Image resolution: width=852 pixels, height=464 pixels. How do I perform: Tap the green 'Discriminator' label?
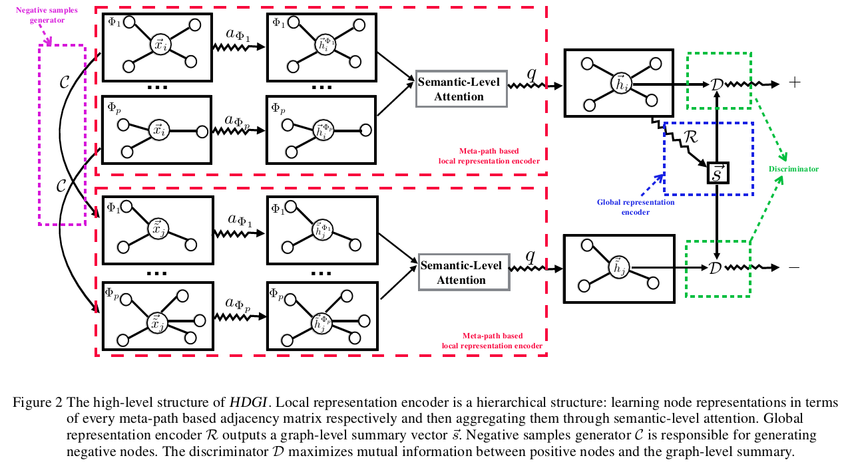point(793,169)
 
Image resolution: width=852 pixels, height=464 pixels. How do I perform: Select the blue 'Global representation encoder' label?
point(635,207)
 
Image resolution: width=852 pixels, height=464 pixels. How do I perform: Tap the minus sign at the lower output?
point(793,267)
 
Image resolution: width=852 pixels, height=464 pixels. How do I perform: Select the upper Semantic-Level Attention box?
point(461,88)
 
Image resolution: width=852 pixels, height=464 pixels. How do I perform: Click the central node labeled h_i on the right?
point(621,84)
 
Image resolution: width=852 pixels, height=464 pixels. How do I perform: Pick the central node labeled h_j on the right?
point(620,268)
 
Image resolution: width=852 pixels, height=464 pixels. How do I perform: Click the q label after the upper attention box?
point(531,72)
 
